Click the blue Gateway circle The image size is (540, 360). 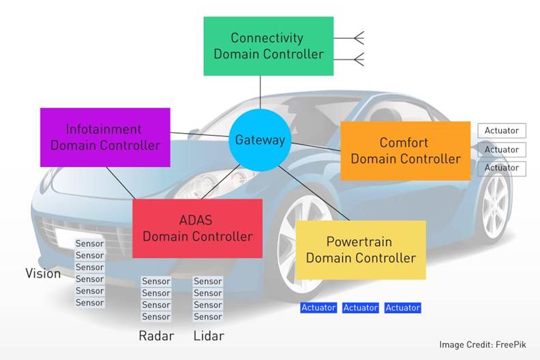click(259, 140)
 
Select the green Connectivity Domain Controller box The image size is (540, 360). click(268, 46)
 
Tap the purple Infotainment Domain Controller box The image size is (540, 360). click(105, 137)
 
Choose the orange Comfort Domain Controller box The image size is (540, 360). click(405, 151)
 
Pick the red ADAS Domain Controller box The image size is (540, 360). click(197, 228)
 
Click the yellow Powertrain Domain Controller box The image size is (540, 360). click(360, 250)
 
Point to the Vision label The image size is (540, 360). click(43, 273)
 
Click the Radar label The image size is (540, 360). click(156, 335)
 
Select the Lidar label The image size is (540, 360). click(208, 335)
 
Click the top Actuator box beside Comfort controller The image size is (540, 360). click(501, 130)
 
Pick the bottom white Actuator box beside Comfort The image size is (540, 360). click(501, 168)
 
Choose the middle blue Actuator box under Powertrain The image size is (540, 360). click(360, 308)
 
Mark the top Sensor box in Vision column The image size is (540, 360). click(89, 243)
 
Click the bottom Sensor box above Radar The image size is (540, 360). click(156, 316)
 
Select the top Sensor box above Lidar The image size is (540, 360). click(208, 281)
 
